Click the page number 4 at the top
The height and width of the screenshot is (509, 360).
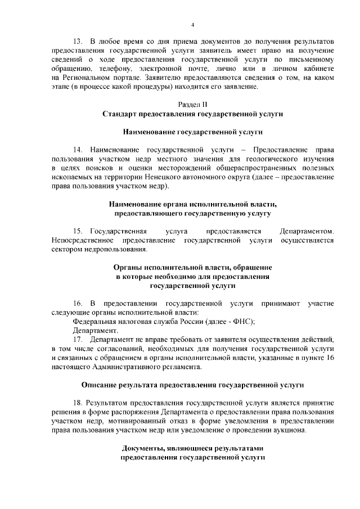tap(193, 25)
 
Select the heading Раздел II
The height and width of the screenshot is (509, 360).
tap(192, 104)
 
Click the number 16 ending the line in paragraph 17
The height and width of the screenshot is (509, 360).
tap(328, 357)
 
